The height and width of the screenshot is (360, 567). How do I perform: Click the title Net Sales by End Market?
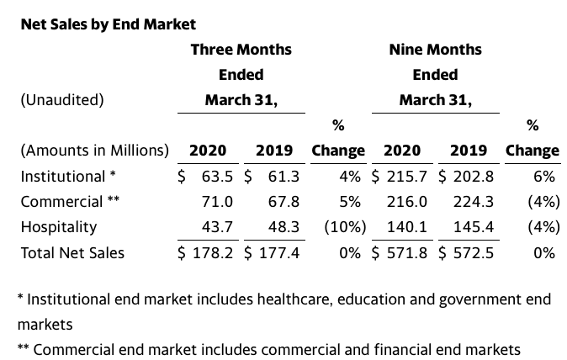[109, 24]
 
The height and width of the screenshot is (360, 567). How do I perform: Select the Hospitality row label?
[59, 227]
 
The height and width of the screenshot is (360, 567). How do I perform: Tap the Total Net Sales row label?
[72, 252]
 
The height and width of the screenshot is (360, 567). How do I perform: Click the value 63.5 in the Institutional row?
[217, 177]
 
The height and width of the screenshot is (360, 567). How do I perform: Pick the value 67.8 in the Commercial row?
[283, 202]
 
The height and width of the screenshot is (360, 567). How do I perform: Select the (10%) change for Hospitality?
[345, 227]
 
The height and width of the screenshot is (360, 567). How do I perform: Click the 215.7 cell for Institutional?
[407, 177]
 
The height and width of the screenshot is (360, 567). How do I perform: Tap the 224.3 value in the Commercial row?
[474, 202]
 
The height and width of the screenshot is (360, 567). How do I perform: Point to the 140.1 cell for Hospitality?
[407, 227]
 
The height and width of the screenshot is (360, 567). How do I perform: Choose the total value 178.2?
[213, 252]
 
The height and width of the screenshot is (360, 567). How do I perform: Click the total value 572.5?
[474, 252]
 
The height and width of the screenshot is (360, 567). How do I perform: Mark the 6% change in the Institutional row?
[543, 177]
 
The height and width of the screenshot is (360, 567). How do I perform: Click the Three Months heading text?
[241, 50]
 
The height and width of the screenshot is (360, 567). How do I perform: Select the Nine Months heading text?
[436, 50]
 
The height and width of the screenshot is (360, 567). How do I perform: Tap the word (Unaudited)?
[62, 100]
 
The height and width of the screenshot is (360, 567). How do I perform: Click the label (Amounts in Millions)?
[95, 151]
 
